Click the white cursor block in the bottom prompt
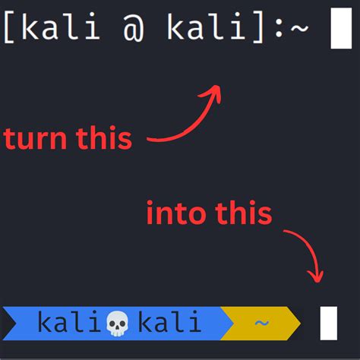click(x=328, y=323)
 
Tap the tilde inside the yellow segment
click(x=261, y=324)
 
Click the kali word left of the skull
click(x=73, y=323)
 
